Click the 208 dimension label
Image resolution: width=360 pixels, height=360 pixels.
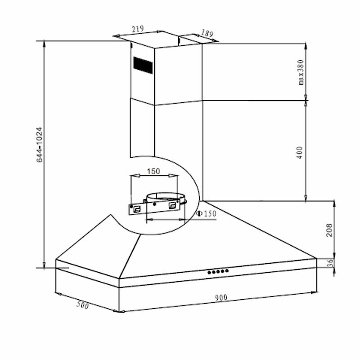pyautogui.click(x=329, y=230)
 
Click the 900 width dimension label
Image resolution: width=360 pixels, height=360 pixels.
pyautogui.click(x=220, y=297)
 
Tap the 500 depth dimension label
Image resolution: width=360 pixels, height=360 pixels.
pyautogui.click(x=83, y=306)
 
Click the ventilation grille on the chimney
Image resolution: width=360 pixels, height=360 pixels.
pyautogui.click(x=143, y=65)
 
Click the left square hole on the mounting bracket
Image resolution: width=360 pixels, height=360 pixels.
pyautogui.click(x=136, y=207)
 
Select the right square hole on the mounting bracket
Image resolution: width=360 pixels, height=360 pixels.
pyautogui.click(x=173, y=205)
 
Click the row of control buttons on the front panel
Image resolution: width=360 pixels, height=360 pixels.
pyautogui.click(x=218, y=271)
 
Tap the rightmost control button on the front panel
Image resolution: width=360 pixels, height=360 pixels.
pyautogui.click(x=227, y=271)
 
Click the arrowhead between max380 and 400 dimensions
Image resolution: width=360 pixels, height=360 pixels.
pyautogui.click(x=306, y=99)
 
